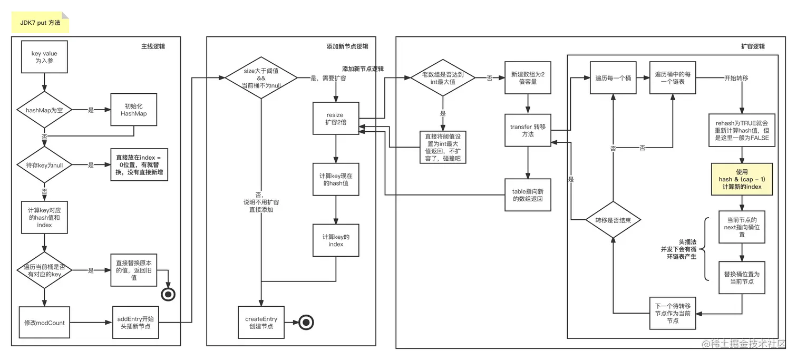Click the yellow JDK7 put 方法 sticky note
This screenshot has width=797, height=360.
[40, 23]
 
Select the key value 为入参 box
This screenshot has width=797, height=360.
[44, 57]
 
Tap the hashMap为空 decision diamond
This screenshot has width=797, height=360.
[44, 110]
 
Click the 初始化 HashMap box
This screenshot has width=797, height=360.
[133, 110]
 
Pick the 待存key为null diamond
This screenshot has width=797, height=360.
[44, 165]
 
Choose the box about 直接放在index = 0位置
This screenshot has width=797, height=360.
[139, 164]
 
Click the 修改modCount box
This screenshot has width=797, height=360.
[44, 323]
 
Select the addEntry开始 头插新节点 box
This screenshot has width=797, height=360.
[135, 323]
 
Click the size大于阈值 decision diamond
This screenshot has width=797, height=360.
[261, 77]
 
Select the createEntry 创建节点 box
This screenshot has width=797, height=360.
[261, 323]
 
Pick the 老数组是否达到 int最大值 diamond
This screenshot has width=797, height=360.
[442, 77]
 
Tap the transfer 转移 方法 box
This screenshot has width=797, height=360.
[528, 130]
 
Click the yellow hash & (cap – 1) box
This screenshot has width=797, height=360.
[742, 179]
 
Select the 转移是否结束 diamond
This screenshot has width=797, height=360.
[613, 220]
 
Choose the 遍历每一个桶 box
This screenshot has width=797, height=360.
[613, 77]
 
